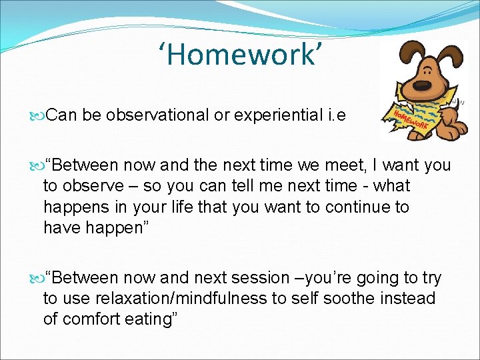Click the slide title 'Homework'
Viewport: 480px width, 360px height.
pos(244,55)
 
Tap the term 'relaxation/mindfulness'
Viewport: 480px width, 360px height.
pos(181,298)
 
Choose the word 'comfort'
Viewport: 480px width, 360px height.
pos(90,319)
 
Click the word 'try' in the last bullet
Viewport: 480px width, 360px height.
pos(429,277)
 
